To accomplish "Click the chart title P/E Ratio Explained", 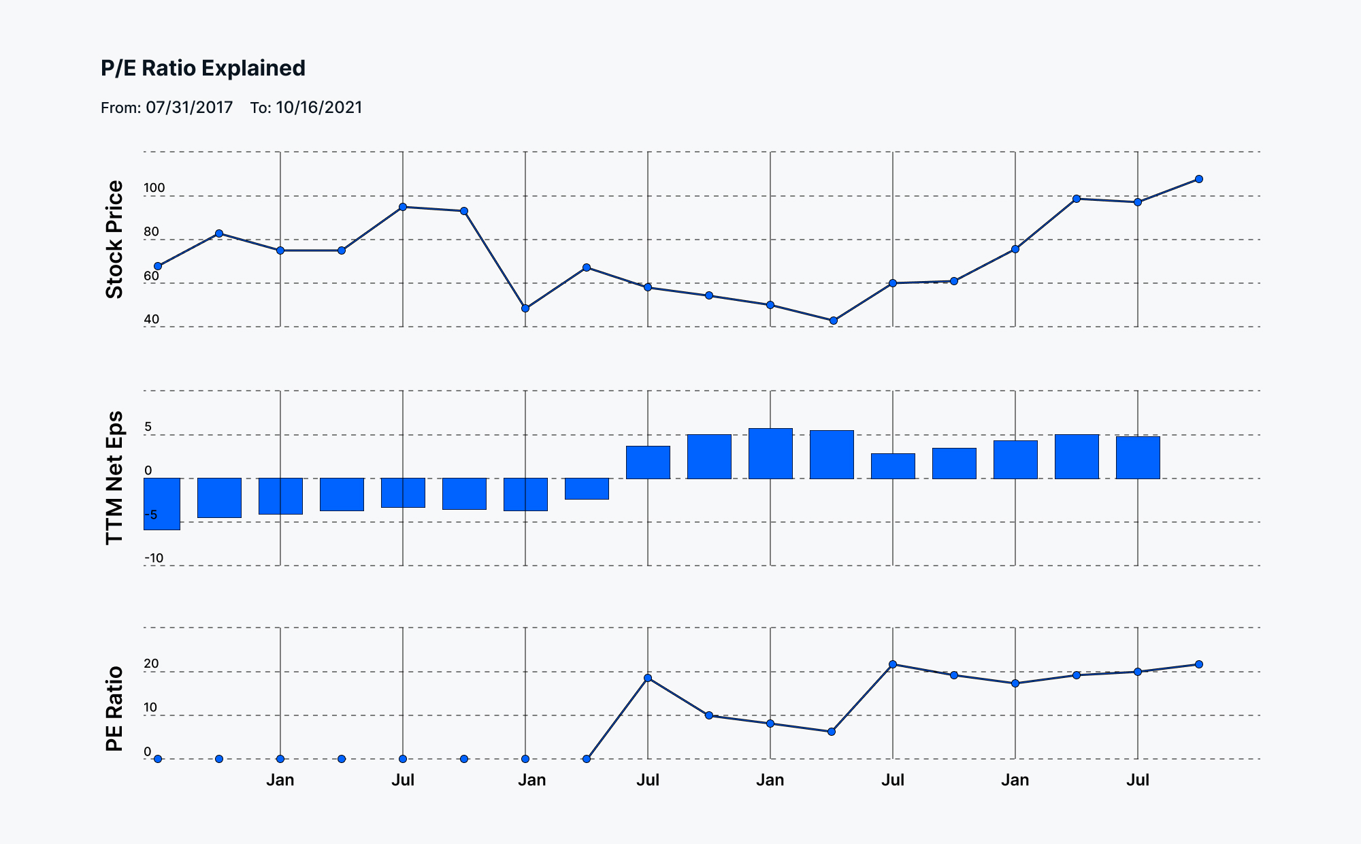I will coord(203,68).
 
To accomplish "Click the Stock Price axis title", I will coord(114,239).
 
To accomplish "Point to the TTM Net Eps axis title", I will coord(114,478).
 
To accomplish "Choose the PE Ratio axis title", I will coord(114,709).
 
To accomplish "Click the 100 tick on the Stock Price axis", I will coord(154,188).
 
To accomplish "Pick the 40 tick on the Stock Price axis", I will coord(152,319).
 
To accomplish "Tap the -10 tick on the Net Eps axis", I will coord(154,558).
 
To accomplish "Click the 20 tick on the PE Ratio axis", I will coord(151,664).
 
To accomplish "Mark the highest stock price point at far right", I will coord(1199,179).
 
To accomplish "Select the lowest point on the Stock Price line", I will coord(834,321).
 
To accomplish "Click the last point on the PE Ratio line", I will coord(1199,664).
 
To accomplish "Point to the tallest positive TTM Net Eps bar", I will coord(770,453).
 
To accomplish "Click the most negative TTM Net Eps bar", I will coord(162,504).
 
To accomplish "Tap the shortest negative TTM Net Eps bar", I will coord(587,489).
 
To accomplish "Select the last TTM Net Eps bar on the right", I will coord(1138,457).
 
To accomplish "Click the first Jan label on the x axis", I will coord(280,780).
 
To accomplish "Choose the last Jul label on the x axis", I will coord(1138,780).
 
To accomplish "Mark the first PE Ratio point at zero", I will coord(158,759).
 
